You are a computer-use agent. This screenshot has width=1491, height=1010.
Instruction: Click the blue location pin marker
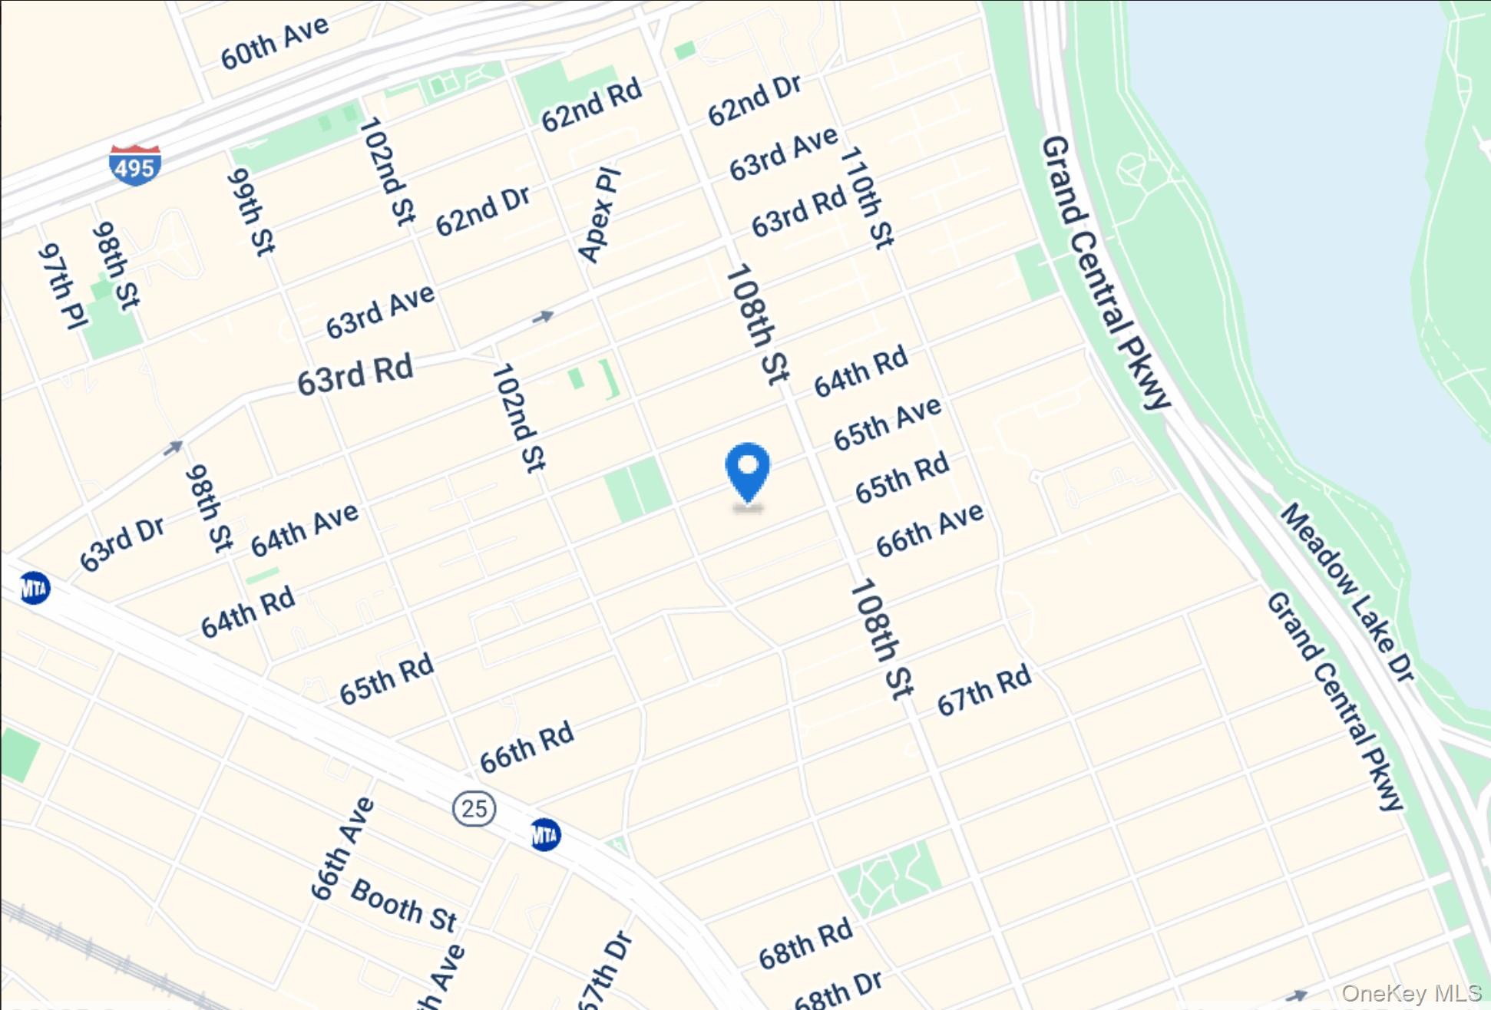(x=747, y=470)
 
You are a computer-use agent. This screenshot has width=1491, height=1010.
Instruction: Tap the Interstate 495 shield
(x=134, y=165)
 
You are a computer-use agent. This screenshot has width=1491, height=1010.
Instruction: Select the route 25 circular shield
(x=474, y=808)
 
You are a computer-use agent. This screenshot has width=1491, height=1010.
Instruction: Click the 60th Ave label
(x=274, y=43)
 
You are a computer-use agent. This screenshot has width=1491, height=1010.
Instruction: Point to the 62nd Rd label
(x=591, y=105)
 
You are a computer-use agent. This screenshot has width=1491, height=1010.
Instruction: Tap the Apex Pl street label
(x=598, y=216)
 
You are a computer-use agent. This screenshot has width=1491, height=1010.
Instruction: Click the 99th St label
(x=251, y=212)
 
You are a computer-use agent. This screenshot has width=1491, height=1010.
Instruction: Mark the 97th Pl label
(x=62, y=286)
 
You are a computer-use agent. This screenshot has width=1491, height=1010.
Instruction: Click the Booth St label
(x=404, y=906)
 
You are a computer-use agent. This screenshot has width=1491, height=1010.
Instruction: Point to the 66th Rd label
(x=527, y=747)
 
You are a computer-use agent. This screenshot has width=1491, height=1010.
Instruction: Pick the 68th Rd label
(x=805, y=943)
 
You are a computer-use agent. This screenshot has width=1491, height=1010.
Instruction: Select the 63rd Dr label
(x=122, y=544)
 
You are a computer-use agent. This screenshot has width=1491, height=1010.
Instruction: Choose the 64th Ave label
(x=304, y=530)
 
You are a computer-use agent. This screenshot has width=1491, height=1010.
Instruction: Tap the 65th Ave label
(x=887, y=423)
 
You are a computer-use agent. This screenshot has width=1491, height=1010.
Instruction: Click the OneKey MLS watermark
(x=1411, y=993)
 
